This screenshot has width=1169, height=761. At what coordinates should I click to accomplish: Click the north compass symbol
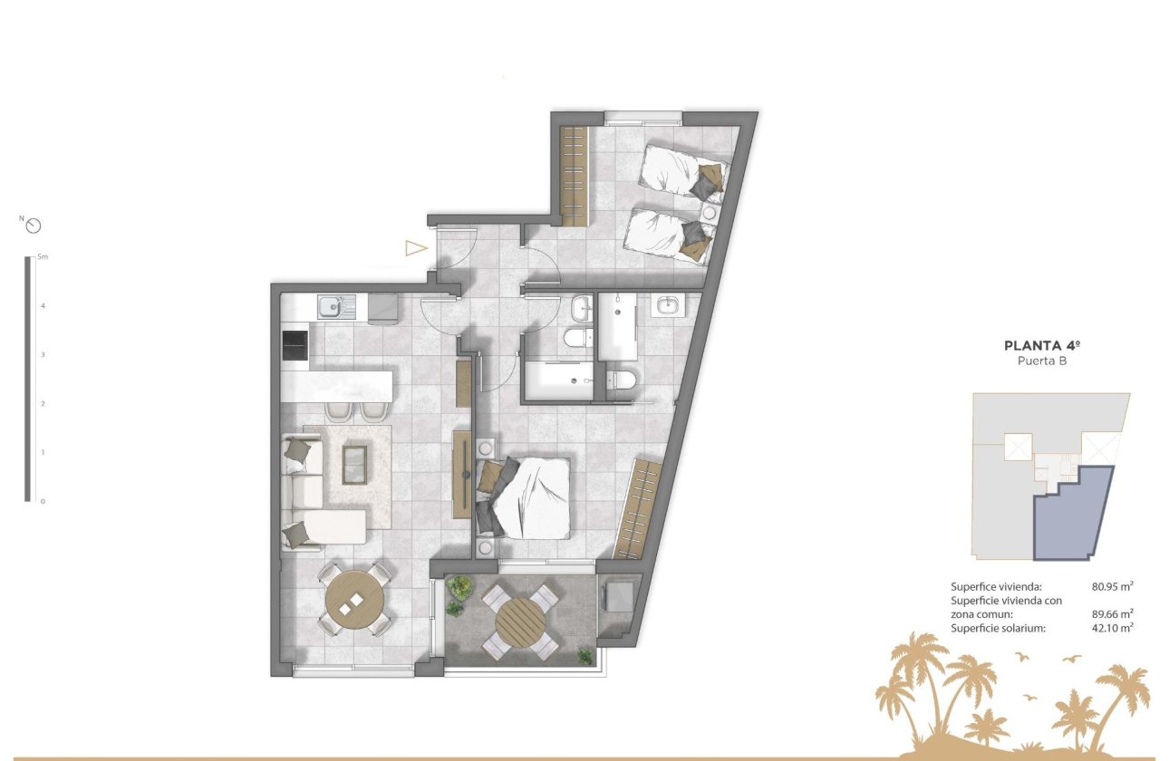34,226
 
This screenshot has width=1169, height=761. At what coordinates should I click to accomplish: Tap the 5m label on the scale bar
43,257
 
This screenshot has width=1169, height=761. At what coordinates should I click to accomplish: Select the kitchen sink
329,307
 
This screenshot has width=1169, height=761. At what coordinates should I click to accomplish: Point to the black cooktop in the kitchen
295,346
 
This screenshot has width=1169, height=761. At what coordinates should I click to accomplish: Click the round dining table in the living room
355,601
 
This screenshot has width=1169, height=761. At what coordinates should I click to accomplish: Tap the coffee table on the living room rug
354,464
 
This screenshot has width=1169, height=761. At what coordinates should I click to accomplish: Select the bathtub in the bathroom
556,380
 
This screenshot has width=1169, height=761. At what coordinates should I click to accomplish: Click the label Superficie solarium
996,627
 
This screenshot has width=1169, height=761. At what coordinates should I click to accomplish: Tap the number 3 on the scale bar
42,355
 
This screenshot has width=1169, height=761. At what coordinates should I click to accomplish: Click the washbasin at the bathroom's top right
669,305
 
